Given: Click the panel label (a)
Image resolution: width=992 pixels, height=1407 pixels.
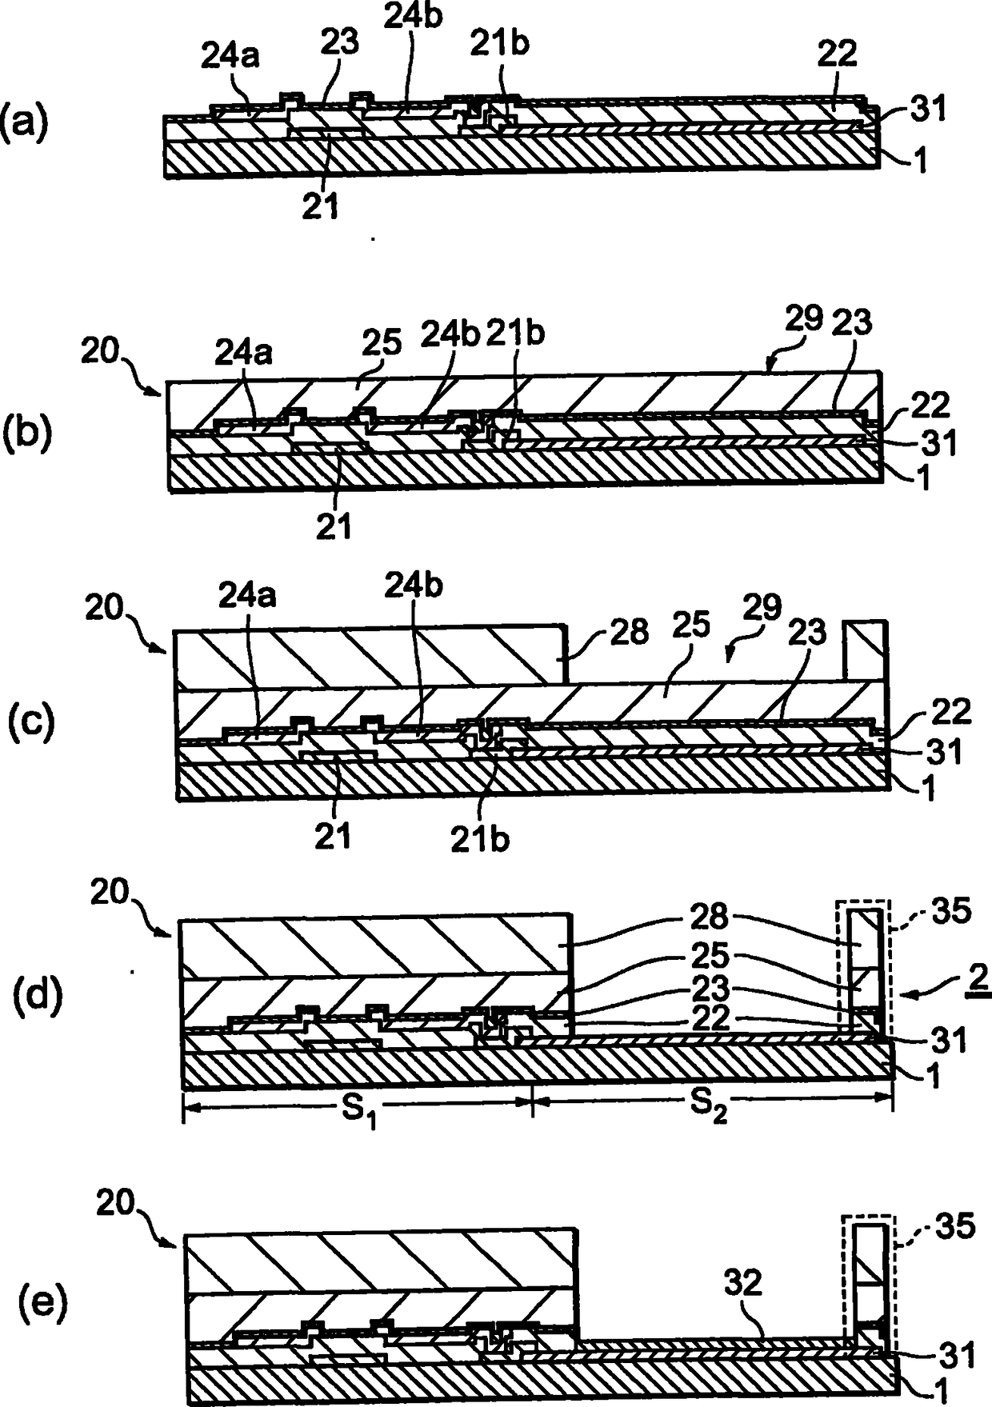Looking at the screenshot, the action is (25, 126).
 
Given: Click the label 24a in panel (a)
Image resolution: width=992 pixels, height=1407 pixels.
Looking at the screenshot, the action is (229, 56).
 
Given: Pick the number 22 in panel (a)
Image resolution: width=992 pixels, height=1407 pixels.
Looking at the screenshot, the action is (837, 54).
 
